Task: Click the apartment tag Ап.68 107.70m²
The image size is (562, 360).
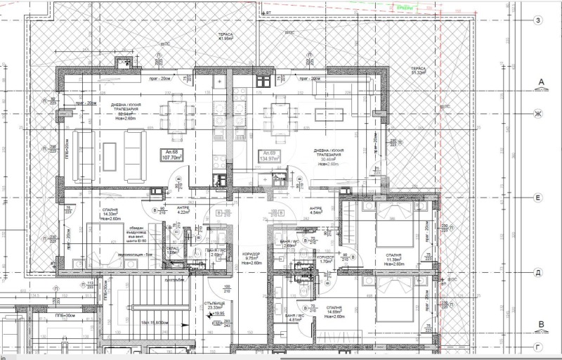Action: coord(172,155)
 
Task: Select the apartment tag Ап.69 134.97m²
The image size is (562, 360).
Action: coord(270,155)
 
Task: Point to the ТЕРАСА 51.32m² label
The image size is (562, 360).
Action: coord(419,70)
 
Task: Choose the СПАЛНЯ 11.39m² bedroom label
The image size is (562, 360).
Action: coord(393,259)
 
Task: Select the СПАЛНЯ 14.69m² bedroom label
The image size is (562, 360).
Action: coord(393,311)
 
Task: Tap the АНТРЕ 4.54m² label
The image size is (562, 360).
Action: coord(316,212)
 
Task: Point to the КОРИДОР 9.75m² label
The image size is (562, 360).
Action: coord(251,257)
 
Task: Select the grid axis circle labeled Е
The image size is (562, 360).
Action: coord(537,199)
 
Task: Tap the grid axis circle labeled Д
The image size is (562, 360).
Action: coord(537,272)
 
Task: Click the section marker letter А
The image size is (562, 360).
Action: coord(541,83)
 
